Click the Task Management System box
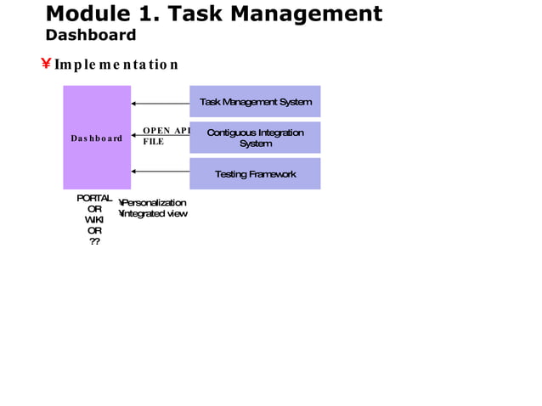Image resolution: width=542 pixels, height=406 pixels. pyautogui.click(x=255, y=102)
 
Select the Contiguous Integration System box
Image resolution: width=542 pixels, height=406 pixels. pyautogui.click(x=255, y=138)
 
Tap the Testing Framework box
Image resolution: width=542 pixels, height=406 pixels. pyautogui.click(x=255, y=174)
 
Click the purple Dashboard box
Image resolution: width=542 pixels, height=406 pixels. pyautogui.click(x=97, y=138)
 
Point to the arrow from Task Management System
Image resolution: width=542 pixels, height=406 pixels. pyautogui.click(x=160, y=104)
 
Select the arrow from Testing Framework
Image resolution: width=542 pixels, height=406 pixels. pyautogui.click(x=160, y=172)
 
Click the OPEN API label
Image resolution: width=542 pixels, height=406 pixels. pyautogui.click(x=166, y=130)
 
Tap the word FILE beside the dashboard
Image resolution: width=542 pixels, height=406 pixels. pyautogui.click(x=153, y=142)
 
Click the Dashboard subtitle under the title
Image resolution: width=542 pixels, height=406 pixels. pyautogui.click(x=90, y=35)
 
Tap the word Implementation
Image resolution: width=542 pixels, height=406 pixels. pyautogui.click(x=116, y=65)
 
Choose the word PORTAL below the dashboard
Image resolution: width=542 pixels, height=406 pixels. pyautogui.click(x=94, y=198)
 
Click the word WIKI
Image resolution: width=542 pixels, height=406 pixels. pyautogui.click(x=94, y=220)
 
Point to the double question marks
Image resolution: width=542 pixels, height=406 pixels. pyautogui.click(x=94, y=241)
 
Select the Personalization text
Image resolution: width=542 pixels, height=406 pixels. pyautogui.click(x=155, y=203)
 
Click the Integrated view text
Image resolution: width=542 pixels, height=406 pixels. pyautogui.click(x=155, y=213)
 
